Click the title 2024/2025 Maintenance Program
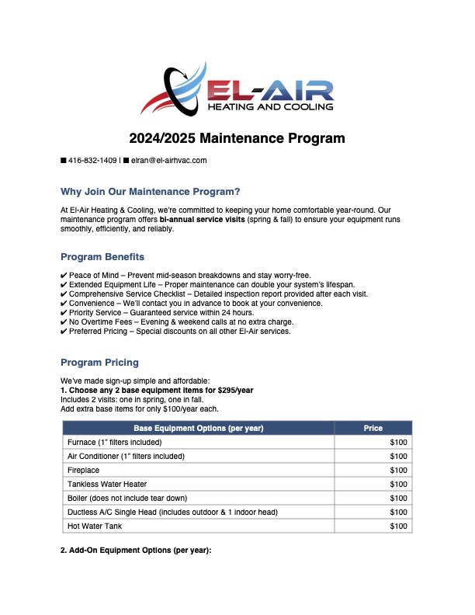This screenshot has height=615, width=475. point(237,139)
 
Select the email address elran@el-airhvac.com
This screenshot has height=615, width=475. point(168,161)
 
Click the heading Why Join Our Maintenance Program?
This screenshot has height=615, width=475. point(150,192)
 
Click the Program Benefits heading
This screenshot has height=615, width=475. point(102,257)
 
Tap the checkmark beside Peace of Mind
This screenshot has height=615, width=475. point(64,276)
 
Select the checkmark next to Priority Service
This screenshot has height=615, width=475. point(64,313)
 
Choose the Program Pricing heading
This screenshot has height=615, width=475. point(99,362)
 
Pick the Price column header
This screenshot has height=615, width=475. point(373,428)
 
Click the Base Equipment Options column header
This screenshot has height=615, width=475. point(198,428)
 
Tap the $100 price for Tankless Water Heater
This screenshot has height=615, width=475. point(398,484)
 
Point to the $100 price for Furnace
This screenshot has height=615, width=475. point(398,442)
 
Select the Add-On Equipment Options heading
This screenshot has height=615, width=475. point(136,551)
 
